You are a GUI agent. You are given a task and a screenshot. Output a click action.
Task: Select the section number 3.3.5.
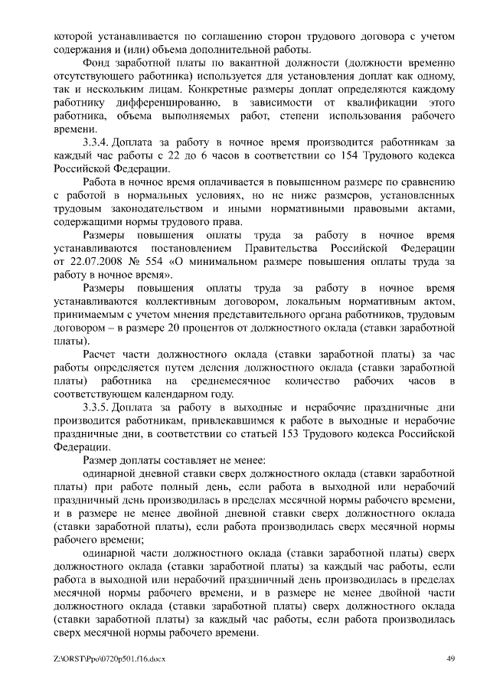pos(98,407)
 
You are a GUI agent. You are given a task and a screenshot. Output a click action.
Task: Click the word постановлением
pos(185,248)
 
